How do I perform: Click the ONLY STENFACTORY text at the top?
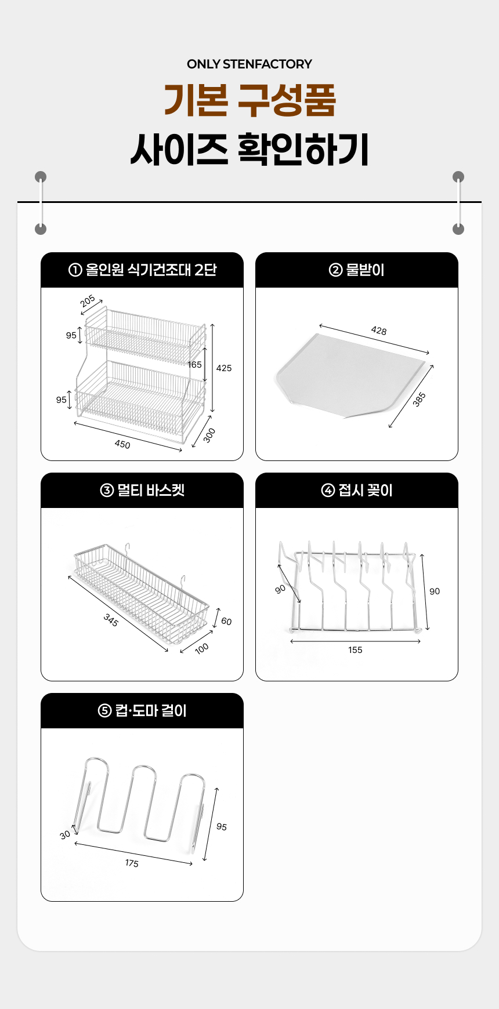coord(249,64)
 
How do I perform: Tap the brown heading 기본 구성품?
coord(249,100)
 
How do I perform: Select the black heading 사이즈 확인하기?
coord(249,149)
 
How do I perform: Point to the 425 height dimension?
coord(224,368)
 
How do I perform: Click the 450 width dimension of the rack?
coord(122,444)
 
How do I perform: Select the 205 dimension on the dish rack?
coord(88,301)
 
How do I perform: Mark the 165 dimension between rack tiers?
coord(194,365)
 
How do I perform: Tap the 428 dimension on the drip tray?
coord(379,331)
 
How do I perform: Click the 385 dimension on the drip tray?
coord(419,399)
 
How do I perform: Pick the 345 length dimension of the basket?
coord(111,620)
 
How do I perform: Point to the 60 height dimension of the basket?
coord(226,622)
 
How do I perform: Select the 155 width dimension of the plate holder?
coord(355,650)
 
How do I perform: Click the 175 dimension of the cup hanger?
coord(132,863)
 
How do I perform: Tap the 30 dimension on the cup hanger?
coord(65,834)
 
